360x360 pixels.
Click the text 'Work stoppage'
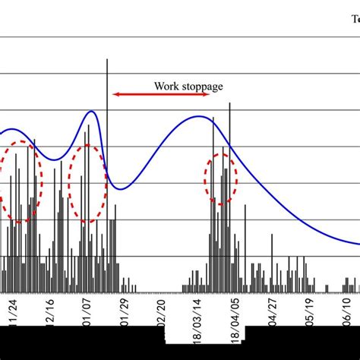tap(188, 86)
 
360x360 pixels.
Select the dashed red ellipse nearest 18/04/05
tap(221, 178)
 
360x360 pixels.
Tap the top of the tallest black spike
tap(107, 59)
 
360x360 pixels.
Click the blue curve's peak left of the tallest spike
tap(92, 112)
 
